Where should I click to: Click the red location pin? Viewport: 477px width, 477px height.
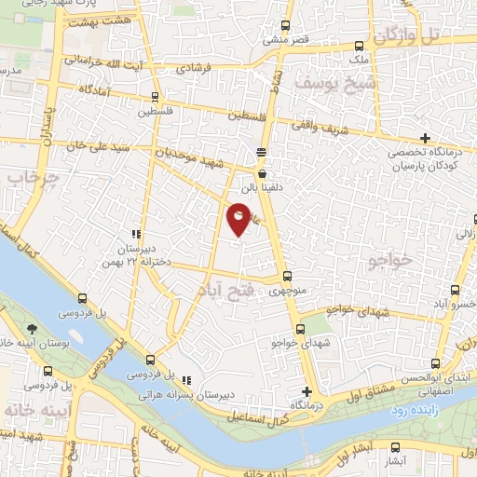[239, 218]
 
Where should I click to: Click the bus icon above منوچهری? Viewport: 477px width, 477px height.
[286, 276]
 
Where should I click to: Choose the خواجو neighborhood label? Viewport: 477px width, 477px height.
[388, 261]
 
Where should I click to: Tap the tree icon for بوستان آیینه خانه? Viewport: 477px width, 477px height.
[33, 329]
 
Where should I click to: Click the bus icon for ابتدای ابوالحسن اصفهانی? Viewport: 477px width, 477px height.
[433, 363]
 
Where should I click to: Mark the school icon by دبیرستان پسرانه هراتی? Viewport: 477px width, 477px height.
[187, 380]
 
